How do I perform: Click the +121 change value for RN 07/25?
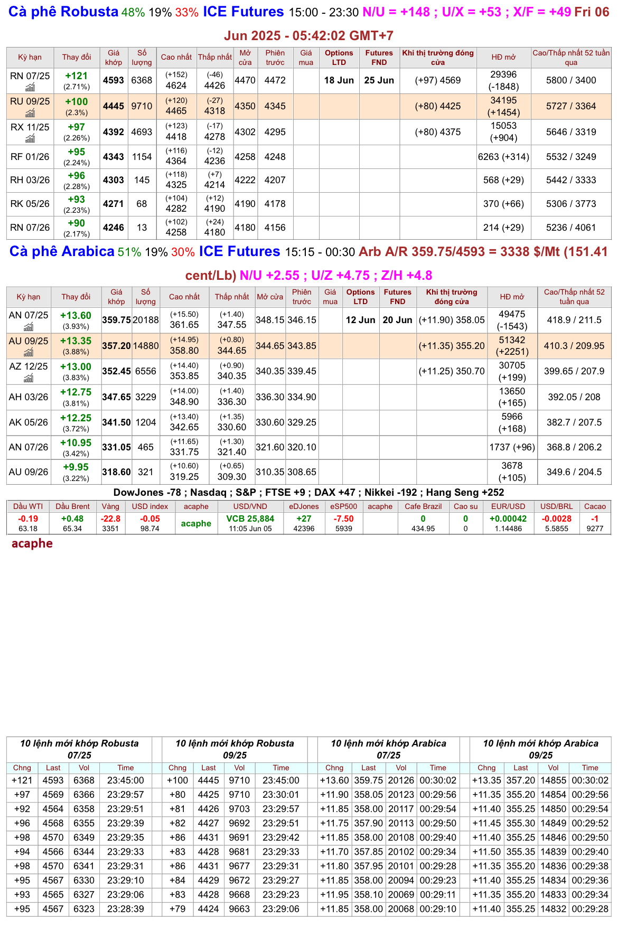pyautogui.click(x=76, y=76)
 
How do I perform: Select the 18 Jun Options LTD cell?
pyautogui.click(x=339, y=80)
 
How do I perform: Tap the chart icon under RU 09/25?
pyautogui.click(x=30, y=113)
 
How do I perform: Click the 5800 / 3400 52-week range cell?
pyautogui.click(x=571, y=80)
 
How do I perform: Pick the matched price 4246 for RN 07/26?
pyautogui.click(x=114, y=228)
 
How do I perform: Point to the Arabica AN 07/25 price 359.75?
pyautogui.click(x=116, y=320)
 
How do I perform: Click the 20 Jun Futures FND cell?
pyautogui.click(x=397, y=320)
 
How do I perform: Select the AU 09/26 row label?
pyautogui.click(x=29, y=472)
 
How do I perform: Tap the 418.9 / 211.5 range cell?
pyautogui.click(x=574, y=320)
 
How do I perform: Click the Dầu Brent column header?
pyautogui.click(x=72, y=506)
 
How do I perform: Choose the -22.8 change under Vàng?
pyautogui.click(x=110, y=518)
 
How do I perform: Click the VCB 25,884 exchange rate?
pyautogui.click(x=250, y=518)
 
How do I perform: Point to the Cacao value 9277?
pyautogui.click(x=595, y=529)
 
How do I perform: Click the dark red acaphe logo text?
pyautogui.click(x=32, y=543)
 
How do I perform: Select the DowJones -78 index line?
pyautogui.click(x=147, y=493)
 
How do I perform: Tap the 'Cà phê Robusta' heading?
pyautogui.click(x=63, y=12)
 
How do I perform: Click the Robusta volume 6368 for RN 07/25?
pyautogui.click(x=142, y=80)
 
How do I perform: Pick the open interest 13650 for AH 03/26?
pyautogui.click(x=512, y=391)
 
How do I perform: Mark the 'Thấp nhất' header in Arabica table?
pyautogui.click(x=231, y=297)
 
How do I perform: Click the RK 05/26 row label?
pyautogui.click(x=30, y=204)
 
